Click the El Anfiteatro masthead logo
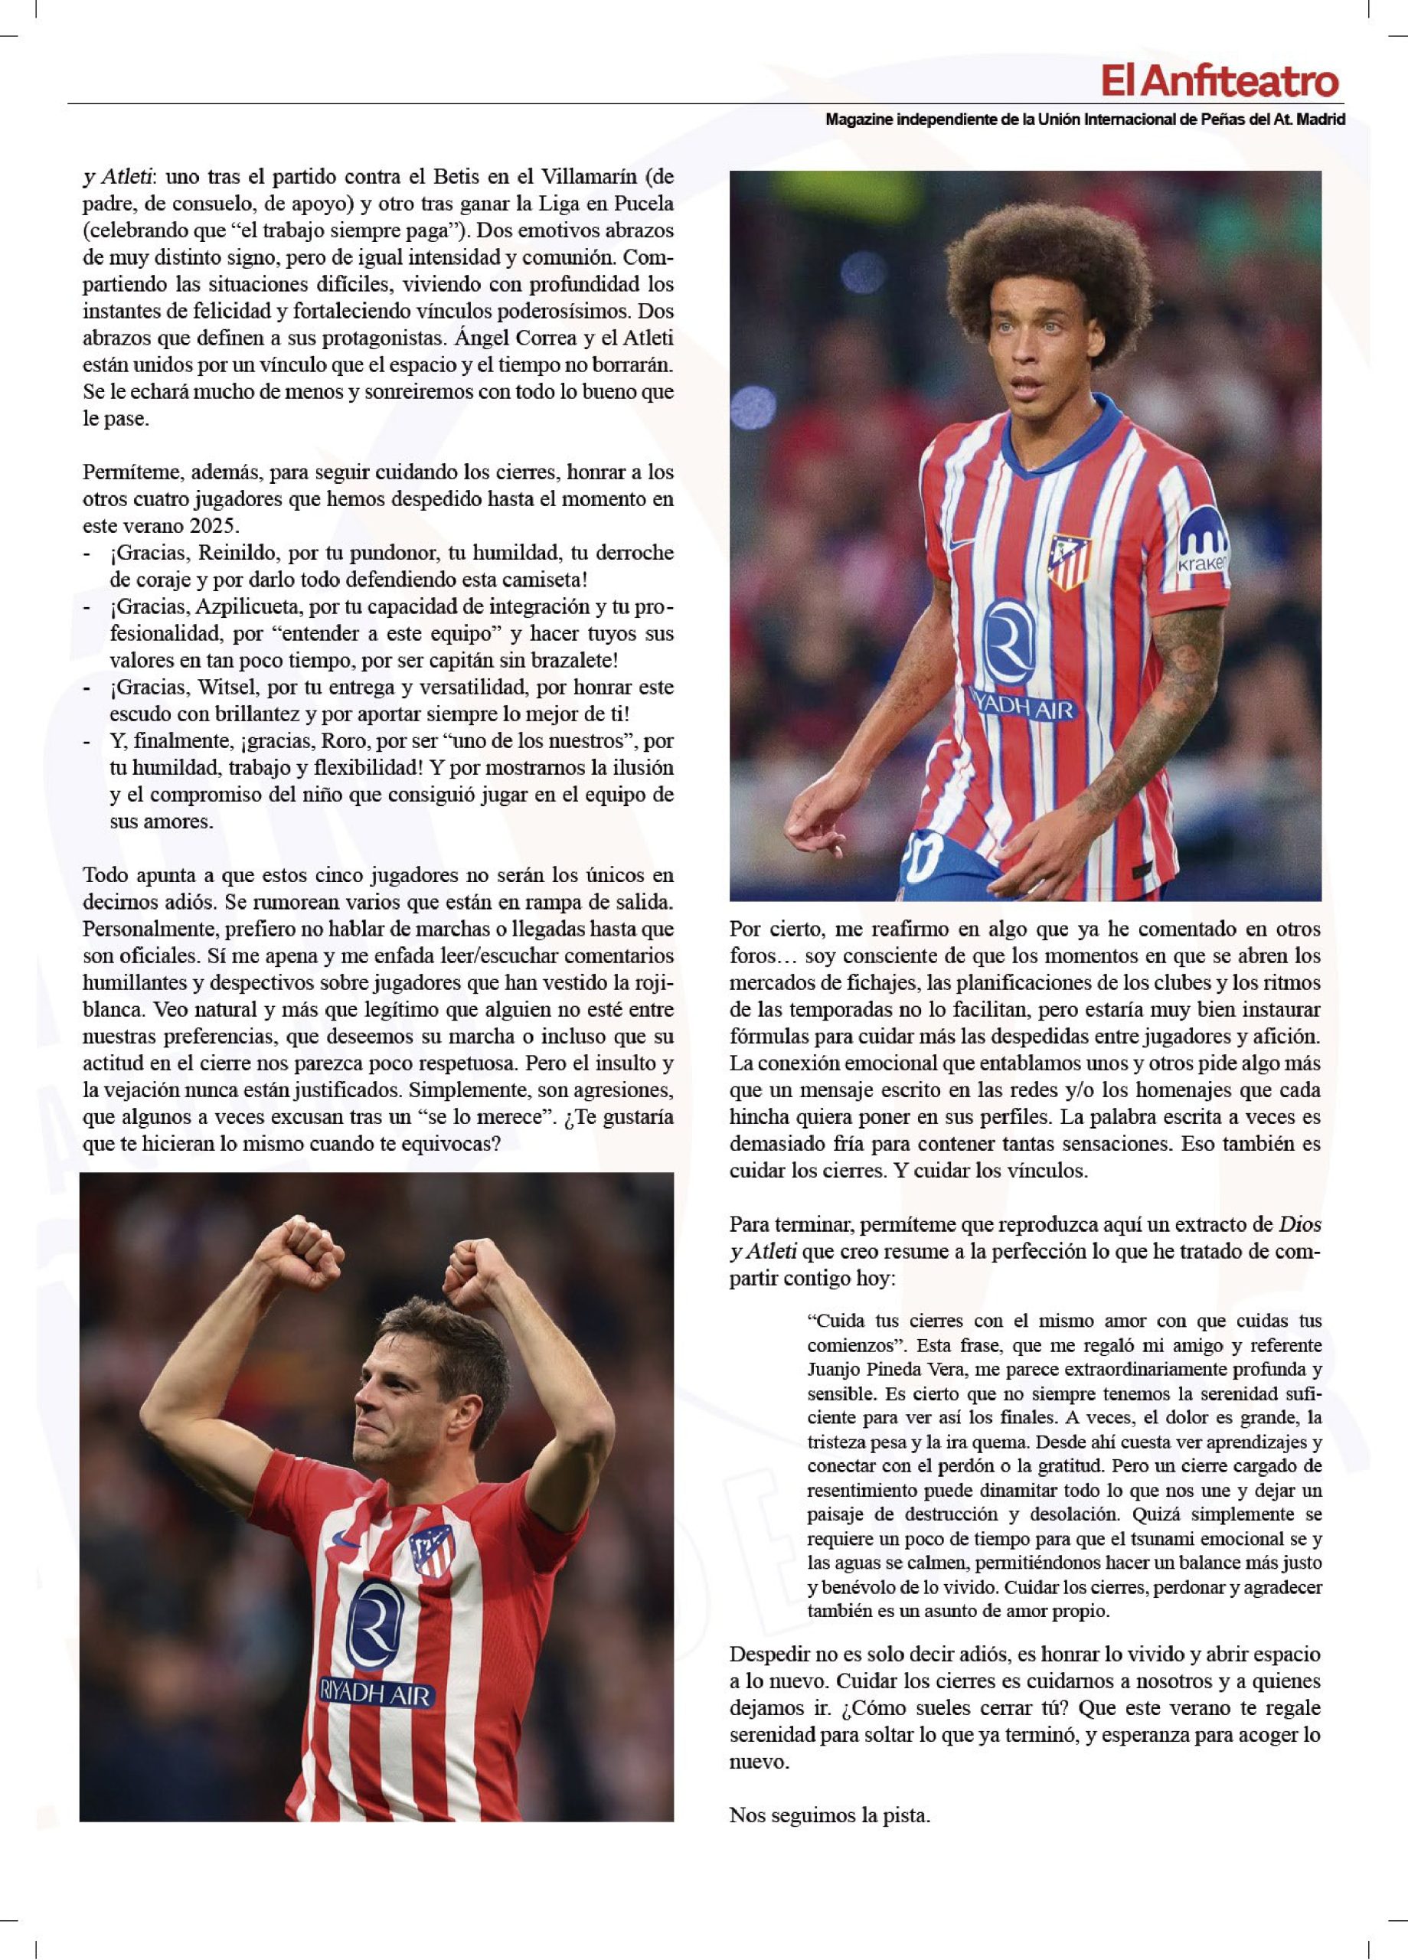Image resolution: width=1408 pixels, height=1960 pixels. (1219, 82)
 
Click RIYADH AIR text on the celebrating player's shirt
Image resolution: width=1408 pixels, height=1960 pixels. (374, 1692)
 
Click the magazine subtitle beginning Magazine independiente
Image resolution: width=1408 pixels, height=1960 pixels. (1085, 119)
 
